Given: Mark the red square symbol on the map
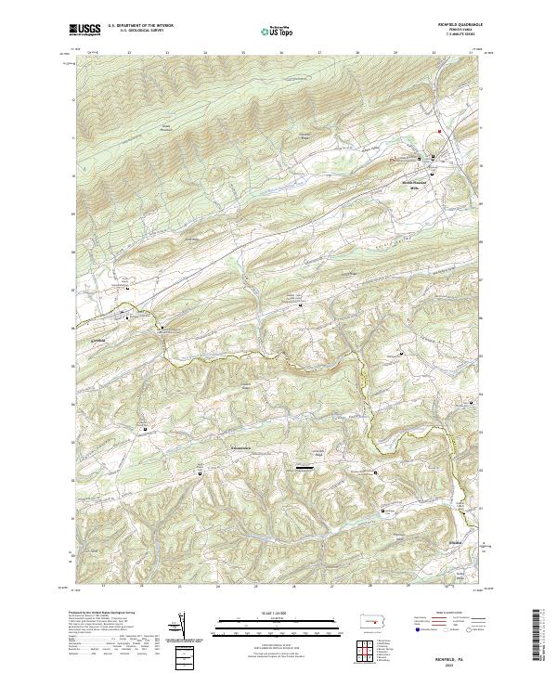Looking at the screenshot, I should (x=440, y=132).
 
